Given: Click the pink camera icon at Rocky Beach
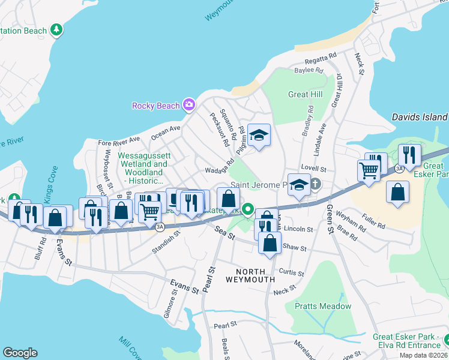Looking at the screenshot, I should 189,106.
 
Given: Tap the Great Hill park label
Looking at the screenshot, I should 306,94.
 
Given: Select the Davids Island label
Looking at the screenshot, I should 419,117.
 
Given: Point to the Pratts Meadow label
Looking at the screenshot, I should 323,306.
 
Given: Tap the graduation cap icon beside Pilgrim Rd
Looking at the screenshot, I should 259,134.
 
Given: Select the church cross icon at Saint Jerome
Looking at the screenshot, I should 313,184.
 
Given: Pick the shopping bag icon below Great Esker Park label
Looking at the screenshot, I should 397,192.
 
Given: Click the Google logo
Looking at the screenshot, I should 20,353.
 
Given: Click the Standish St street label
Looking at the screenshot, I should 166,243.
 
